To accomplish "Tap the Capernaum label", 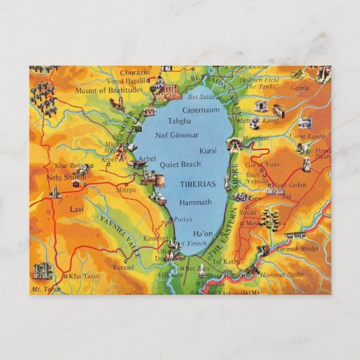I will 200,109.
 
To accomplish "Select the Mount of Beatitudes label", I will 109,90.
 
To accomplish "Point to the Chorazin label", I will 134,72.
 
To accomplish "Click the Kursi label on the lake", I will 207,151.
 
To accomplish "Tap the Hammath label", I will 196,202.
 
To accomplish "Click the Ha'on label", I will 202,233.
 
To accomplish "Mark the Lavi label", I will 76,210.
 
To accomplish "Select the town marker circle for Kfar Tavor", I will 65,276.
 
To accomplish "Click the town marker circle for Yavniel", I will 125,260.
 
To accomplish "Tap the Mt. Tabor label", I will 42,289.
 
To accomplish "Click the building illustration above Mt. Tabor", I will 42,271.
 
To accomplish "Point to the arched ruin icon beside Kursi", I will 234,145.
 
